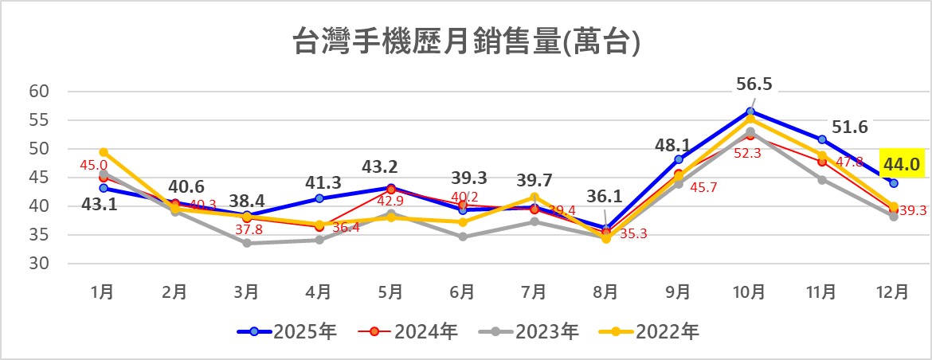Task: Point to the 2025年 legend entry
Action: coord(288,331)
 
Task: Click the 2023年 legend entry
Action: coord(530,331)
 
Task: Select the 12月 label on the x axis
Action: coord(894,292)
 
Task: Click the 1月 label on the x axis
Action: coord(103,292)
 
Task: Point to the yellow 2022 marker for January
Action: coord(103,152)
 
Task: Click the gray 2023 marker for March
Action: coord(247,243)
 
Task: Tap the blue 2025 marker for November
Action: coord(822,139)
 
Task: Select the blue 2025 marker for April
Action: coord(319,198)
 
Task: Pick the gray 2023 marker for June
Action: coord(463,237)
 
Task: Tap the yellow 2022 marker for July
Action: coord(535,197)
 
